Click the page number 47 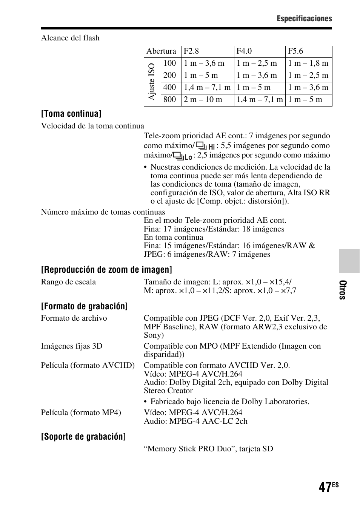325,487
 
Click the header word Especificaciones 304,19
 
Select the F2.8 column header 191,51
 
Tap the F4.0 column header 244,51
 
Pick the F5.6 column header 295,51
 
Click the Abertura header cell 161,51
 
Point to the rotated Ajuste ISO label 152,82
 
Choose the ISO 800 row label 170,100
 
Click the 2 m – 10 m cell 203,100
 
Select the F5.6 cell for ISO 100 308,63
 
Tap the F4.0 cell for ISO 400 254,88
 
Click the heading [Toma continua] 71,114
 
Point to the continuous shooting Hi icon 206,146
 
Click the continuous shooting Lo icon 183,156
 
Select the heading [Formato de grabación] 85,306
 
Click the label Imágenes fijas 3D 72,346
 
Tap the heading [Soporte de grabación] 83,437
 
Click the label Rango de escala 68,282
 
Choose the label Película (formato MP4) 81,412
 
